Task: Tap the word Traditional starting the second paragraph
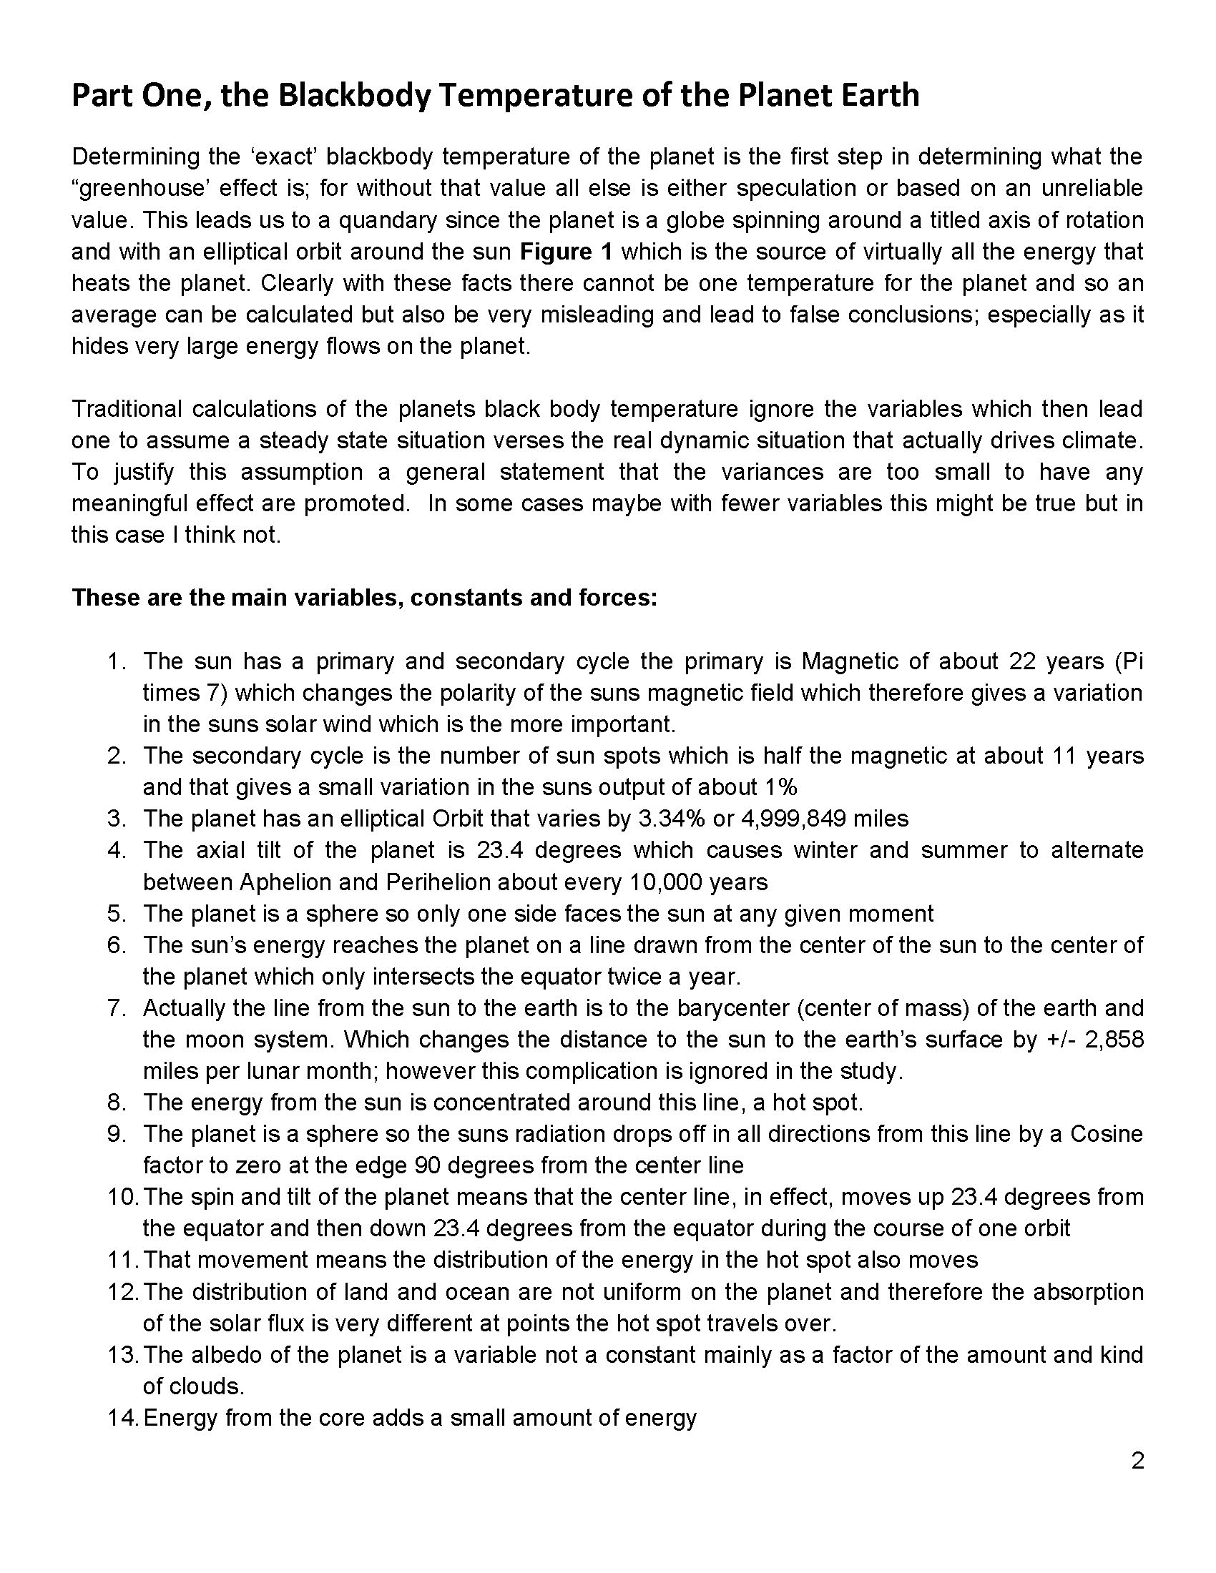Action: tap(126, 409)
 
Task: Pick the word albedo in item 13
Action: tap(235, 1356)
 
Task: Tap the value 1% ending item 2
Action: tap(780, 787)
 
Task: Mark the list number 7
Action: tap(117, 1008)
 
